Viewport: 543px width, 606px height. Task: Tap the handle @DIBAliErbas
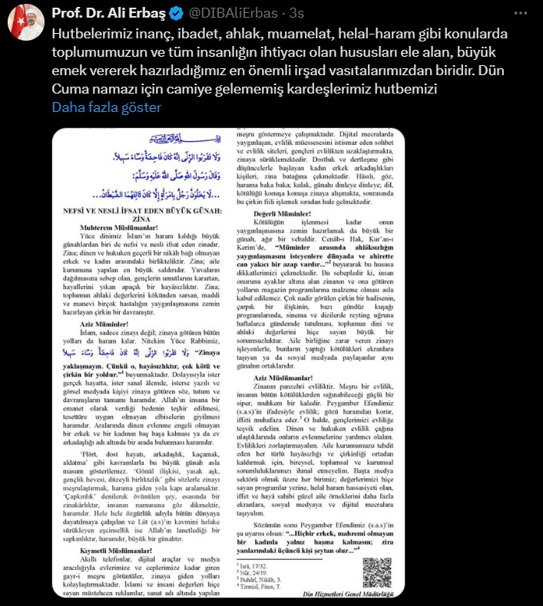(x=245, y=14)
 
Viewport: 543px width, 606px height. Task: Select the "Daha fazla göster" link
(x=106, y=107)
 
